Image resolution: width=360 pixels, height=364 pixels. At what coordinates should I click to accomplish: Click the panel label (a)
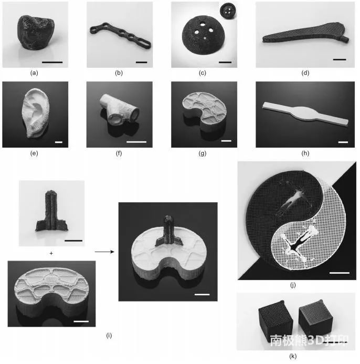pos(34,73)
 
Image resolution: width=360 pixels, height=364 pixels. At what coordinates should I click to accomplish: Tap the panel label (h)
pos(305,153)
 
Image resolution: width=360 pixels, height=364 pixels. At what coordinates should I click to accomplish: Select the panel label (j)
pos(293,285)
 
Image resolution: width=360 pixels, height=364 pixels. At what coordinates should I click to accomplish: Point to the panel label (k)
pos(293,356)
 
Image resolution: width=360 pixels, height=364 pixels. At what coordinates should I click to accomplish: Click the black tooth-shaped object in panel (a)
pos(36,32)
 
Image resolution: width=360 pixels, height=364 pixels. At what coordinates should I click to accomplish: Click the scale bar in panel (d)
pos(340,60)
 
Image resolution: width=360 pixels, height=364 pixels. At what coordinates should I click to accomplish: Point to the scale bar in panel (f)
pos(136,142)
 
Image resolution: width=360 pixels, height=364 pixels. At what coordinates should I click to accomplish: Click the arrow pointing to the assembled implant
pos(104,252)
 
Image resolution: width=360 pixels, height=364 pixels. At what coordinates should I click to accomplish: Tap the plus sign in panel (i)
pos(51,254)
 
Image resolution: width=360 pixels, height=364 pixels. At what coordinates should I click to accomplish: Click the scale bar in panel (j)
pos(340,273)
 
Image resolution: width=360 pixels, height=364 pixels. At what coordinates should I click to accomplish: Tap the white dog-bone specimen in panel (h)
pos(305,113)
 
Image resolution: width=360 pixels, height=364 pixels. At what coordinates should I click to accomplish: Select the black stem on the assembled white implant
pos(168,231)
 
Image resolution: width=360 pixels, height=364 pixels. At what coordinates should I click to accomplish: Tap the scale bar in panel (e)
pos(59,142)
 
